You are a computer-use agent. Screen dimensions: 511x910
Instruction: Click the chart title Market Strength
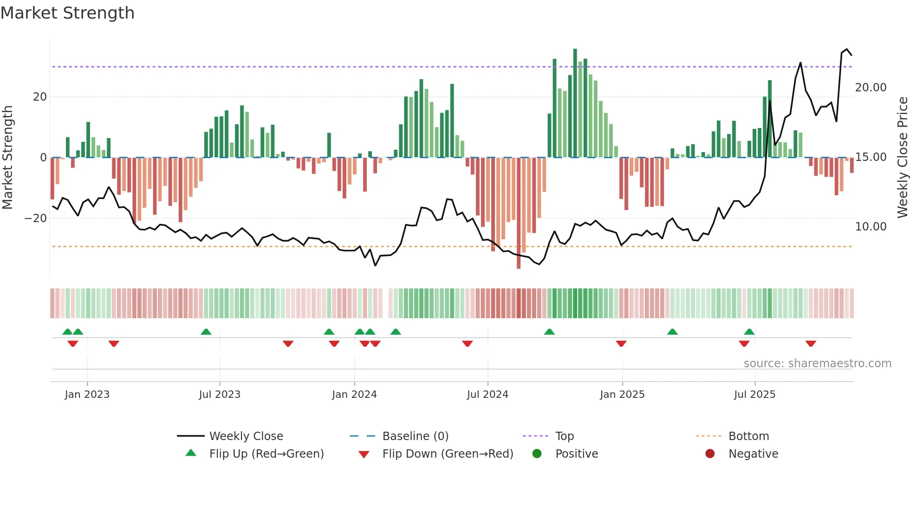(67, 13)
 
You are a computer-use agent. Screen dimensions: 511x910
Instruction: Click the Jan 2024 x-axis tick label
(354, 395)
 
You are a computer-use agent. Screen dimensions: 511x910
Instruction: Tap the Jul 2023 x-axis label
(220, 395)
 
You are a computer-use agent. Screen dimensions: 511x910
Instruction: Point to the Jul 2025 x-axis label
(754, 395)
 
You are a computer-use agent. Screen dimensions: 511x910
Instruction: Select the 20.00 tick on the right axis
(871, 88)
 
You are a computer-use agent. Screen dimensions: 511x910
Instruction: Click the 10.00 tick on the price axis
(871, 227)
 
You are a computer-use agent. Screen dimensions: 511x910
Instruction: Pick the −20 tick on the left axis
(36, 218)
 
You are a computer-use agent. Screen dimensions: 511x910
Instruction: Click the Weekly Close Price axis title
(902, 158)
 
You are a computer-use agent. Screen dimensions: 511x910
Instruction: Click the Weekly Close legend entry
(246, 436)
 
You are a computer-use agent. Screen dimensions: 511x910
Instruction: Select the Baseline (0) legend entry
(415, 436)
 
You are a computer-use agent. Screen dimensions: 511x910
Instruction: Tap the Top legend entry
(564, 436)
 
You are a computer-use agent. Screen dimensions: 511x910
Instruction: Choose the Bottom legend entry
(748, 436)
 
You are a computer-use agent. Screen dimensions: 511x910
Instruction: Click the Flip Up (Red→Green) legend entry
(266, 454)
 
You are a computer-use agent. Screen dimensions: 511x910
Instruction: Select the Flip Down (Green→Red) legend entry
(448, 454)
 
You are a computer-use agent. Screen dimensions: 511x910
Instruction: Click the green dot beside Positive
(537, 454)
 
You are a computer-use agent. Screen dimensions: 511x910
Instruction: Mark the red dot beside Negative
(710, 454)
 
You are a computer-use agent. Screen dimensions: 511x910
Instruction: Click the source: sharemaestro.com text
(817, 364)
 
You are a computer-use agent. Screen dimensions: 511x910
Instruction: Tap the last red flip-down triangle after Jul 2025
(811, 344)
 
